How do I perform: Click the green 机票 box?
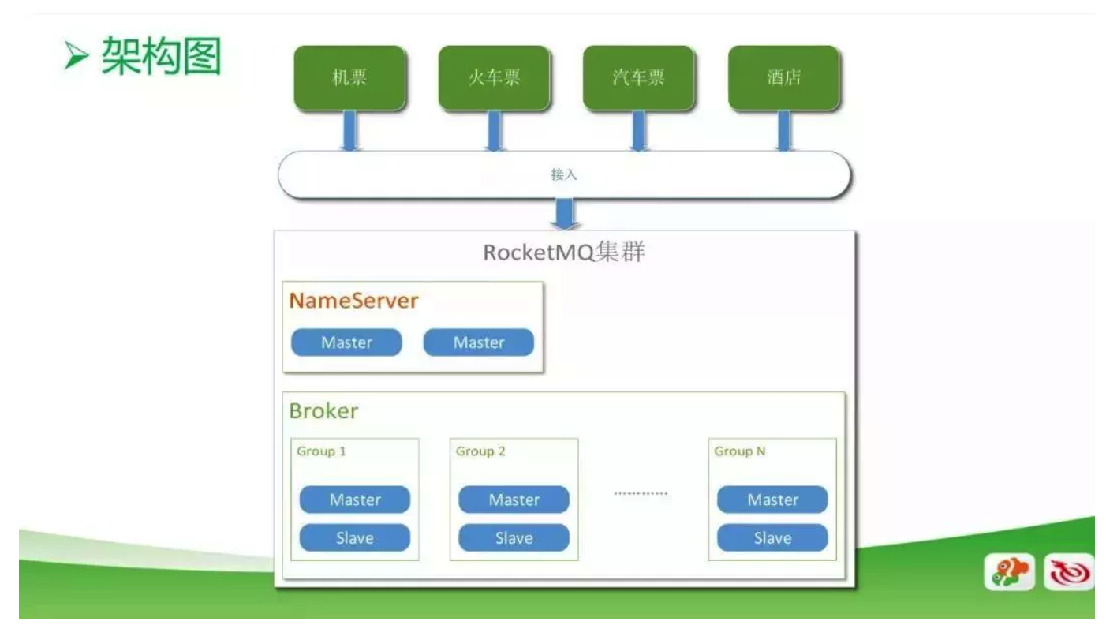point(349,77)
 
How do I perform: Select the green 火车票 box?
point(494,77)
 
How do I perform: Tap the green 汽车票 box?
point(638,77)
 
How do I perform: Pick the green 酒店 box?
point(783,77)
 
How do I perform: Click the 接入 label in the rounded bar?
point(564,174)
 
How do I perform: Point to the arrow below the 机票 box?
point(349,130)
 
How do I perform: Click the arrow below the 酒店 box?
point(783,130)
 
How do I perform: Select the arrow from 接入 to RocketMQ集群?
point(564,214)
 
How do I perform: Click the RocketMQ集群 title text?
point(563,255)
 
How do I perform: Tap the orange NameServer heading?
point(353,301)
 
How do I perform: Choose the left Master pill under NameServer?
point(346,342)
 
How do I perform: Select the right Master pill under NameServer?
point(479,342)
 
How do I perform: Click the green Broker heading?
point(323,411)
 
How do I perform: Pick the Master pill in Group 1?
point(355,500)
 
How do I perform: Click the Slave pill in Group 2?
point(514,538)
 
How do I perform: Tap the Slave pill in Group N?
point(772,538)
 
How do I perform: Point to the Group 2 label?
point(480,452)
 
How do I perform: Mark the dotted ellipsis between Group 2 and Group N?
point(641,494)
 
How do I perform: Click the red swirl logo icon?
point(1069,573)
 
